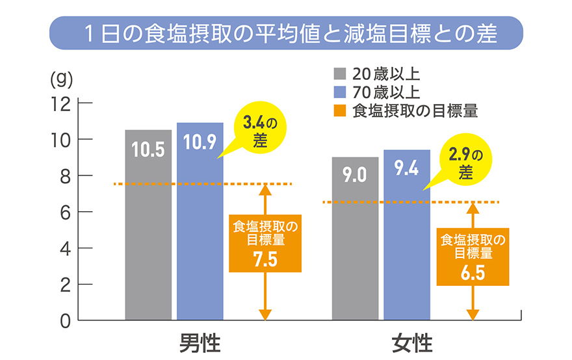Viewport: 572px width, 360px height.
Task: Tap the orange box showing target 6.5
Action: tap(473, 257)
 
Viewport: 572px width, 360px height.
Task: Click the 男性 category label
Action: tap(200, 342)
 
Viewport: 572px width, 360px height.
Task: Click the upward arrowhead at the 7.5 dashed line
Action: tap(265, 190)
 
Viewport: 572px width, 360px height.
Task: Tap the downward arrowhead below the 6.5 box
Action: tap(473, 315)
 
